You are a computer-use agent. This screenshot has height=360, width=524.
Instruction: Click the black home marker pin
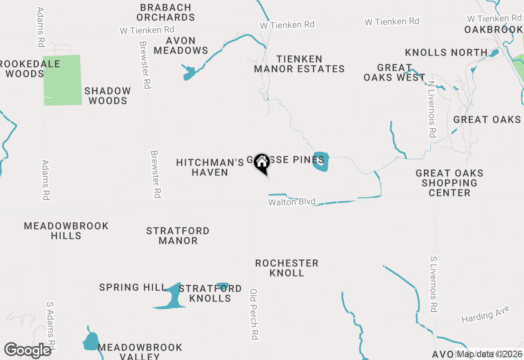pyautogui.click(x=262, y=163)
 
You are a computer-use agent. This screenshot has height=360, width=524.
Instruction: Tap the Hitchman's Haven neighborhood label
pyautogui.click(x=210, y=167)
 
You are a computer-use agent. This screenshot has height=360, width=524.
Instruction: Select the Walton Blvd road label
pyautogui.click(x=293, y=202)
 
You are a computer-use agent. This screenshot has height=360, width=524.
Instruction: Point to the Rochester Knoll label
pyautogui.click(x=287, y=268)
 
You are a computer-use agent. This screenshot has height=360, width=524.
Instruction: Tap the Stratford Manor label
pyautogui.click(x=178, y=236)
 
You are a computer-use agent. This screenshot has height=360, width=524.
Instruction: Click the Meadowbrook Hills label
pyautogui.click(x=66, y=231)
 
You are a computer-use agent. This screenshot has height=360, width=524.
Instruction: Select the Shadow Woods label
pyautogui.click(x=108, y=96)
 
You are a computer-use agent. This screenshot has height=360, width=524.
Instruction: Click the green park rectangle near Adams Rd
pyautogui.click(x=62, y=80)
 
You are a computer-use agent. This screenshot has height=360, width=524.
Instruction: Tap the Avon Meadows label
pyautogui.click(x=181, y=45)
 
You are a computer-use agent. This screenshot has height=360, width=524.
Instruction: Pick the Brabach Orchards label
pyautogui.click(x=165, y=12)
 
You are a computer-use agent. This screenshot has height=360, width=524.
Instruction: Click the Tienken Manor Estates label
pyautogui.click(x=299, y=64)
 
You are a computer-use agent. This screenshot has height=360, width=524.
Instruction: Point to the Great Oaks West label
pyautogui.click(x=395, y=72)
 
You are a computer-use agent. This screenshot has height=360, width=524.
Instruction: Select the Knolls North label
pyautogui.click(x=446, y=52)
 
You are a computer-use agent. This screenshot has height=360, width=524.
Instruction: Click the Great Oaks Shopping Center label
pyautogui.click(x=449, y=183)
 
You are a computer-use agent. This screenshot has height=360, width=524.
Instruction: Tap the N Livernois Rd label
pyautogui.click(x=431, y=108)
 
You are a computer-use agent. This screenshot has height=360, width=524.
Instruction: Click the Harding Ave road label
pyautogui.click(x=486, y=314)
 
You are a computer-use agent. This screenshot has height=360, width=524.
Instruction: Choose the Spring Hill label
pyautogui.click(x=132, y=287)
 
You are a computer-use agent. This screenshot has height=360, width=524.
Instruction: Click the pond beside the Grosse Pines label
pyautogui.click(x=321, y=162)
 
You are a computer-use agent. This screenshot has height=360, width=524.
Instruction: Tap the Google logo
pyautogui.click(x=27, y=350)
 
